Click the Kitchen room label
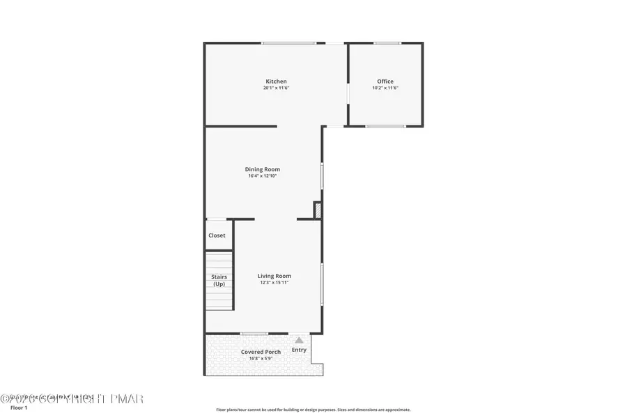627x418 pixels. tap(276, 82)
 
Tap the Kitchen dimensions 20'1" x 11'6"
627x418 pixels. tap(276, 88)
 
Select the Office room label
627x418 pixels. tap(385, 82)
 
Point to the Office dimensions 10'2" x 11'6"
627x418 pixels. tap(385, 88)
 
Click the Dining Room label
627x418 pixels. tap(262, 169)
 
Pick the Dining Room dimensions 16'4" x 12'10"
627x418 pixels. tap(262, 176)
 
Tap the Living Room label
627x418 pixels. tap(274, 276)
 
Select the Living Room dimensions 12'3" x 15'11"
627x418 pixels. tap(274, 283)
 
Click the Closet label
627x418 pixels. tap(217, 235)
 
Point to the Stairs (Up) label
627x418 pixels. tap(219, 280)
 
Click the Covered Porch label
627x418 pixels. tap(261, 352)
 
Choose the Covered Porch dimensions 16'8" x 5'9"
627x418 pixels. tap(261, 359)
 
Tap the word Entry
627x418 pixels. tap(299, 350)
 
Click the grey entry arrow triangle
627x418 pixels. tap(299, 340)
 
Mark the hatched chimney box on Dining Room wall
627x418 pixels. tap(318, 210)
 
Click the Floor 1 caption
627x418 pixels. tap(19, 408)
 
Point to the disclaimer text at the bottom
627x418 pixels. tap(313, 410)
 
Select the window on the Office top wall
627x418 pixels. tap(387, 43)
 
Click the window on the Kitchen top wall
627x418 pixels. tap(288, 43)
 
